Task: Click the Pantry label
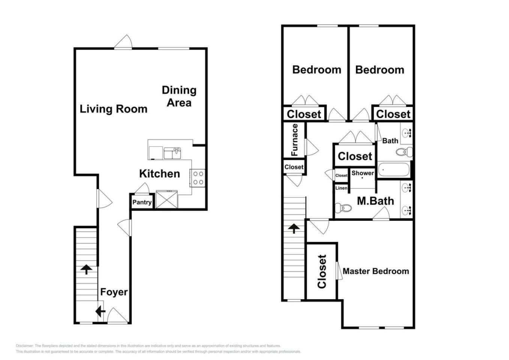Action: click(x=142, y=202)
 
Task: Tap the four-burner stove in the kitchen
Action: click(x=198, y=178)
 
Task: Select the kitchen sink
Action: click(x=172, y=153)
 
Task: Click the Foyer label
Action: click(x=114, y=292)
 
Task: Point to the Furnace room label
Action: click(x=294, y=140)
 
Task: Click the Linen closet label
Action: click(x=341, y=188)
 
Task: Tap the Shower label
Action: click(x=363, y=173)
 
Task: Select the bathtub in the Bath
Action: click(x=394, y=169)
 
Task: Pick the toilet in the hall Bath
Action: click(x=404, y=152)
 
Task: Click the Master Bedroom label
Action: click(x=376, y=271)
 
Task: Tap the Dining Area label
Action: click(x=179, y=96)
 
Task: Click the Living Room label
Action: click(x=113, y=109)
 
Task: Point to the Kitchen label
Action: click(x=159, y=174)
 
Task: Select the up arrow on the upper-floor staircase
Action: click(x=294, y=228)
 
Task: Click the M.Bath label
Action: click(x=375, y=201)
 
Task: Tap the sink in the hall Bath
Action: click(x=407, y=133)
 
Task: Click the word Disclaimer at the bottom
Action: click(x=25, y=346)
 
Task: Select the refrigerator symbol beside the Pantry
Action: click(x=167, y=199)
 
